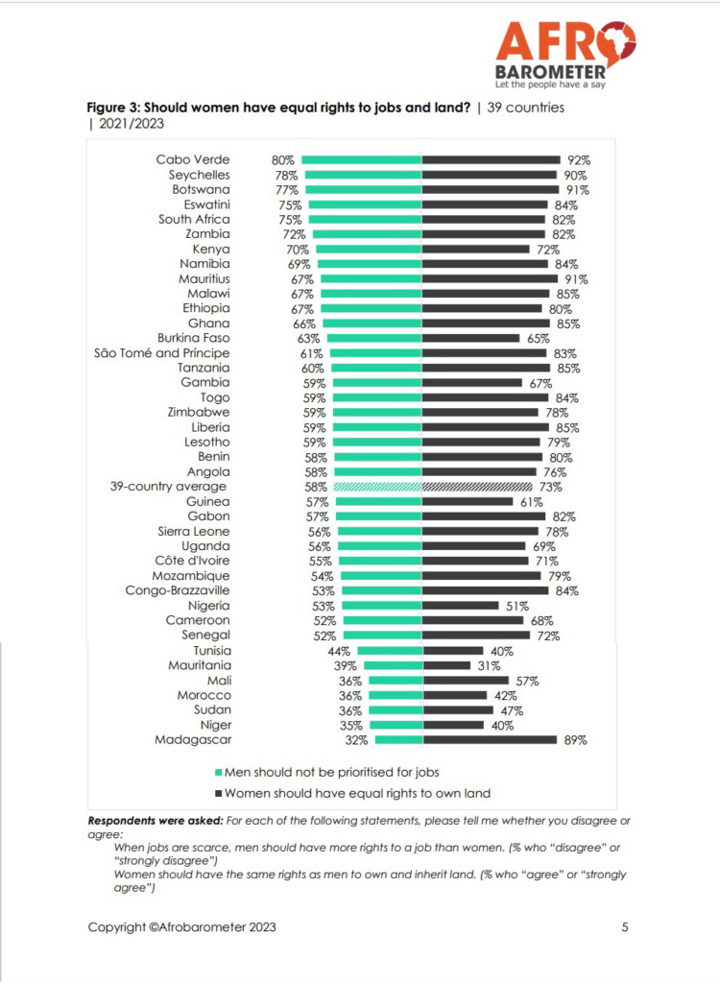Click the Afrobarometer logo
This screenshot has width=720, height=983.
564,54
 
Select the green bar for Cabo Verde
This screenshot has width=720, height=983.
362,160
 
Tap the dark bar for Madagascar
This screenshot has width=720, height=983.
490,739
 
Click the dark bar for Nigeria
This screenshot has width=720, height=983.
461,606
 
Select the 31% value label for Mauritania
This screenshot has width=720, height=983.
487,665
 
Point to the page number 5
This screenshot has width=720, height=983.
625,927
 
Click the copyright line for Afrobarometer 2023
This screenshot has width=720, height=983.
182,927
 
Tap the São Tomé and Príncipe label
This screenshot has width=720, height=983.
162,353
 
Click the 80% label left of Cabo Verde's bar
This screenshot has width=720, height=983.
283,160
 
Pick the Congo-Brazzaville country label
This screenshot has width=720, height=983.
178,590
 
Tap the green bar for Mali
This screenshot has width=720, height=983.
396,680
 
